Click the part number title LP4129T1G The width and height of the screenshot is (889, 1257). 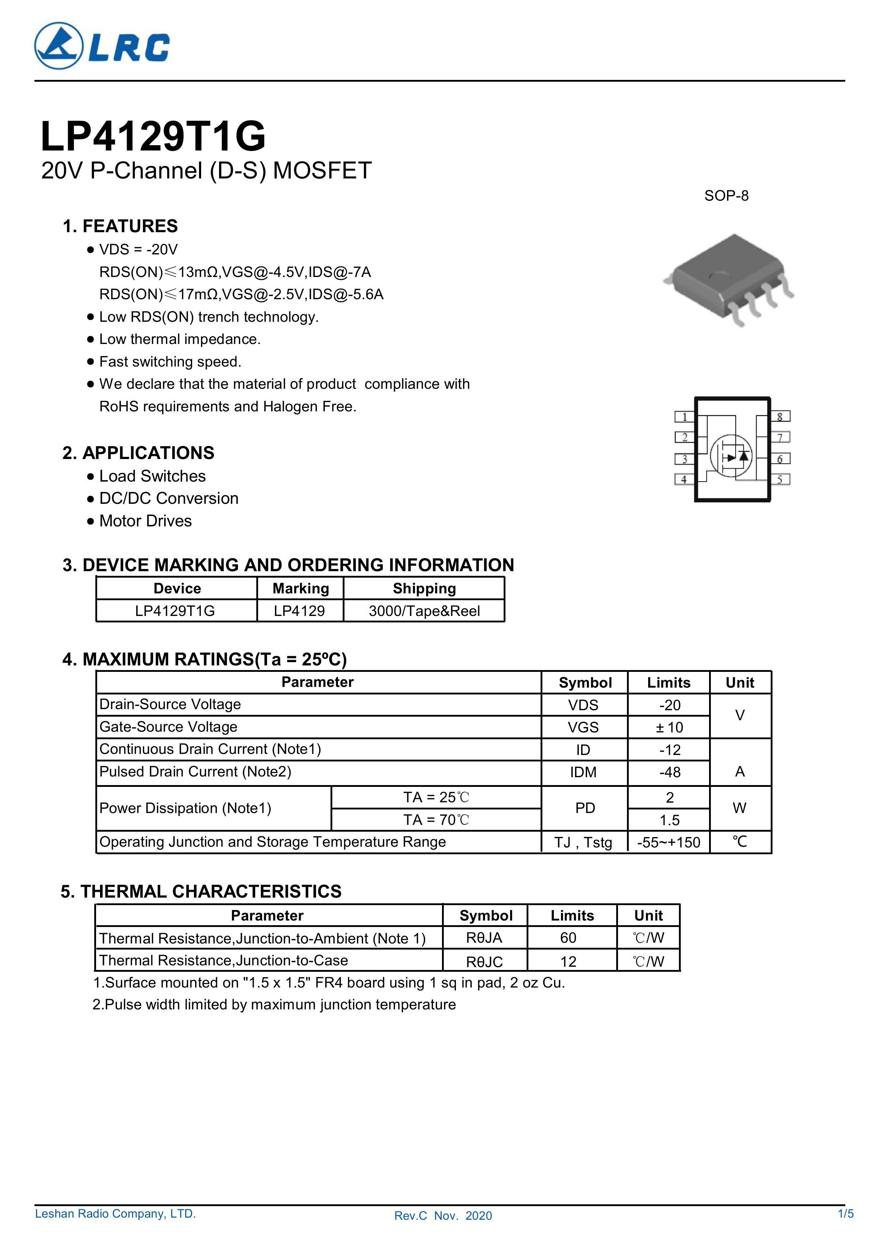click(x=153, y=136)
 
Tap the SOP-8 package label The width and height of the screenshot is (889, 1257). click(x=726, y=196)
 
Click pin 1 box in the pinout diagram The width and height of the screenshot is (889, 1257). click(x=684, y=417)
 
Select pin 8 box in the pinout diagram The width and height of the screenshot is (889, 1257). click(x=780, y=417)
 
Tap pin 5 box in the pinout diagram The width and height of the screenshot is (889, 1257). click(x=780, y=479)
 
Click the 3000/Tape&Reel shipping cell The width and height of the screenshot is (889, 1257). click(x=424, y=611)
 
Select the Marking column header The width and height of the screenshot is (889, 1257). click(x=301, y=588)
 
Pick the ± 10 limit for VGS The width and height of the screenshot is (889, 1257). click(x=669, y=728)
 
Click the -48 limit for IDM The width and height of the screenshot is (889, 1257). click(x=669, y=773)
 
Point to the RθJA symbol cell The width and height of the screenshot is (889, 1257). click(x=484, y=938)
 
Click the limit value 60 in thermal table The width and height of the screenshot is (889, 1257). click(x=568, y=938)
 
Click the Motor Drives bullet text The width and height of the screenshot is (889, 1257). click(x=145, y=521)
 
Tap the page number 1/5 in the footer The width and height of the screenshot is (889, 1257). click(x=846, y=1229)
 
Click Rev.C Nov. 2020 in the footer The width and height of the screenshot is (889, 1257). click(x=443, y=1231)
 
